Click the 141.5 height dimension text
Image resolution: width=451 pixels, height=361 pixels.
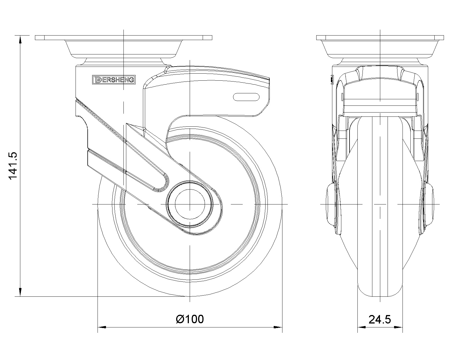(13, 166)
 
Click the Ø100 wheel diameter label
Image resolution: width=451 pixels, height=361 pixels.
(190, 319)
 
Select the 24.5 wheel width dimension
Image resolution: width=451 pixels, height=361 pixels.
(380, 320)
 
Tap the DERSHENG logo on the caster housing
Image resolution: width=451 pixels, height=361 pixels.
(114, 80)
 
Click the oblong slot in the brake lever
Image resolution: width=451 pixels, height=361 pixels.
(246, 97)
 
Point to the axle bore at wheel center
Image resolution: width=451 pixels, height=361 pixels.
(190, 204)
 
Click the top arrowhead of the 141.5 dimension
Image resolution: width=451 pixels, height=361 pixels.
(20, 40)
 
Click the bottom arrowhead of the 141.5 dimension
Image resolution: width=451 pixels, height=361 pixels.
(20, 292)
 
